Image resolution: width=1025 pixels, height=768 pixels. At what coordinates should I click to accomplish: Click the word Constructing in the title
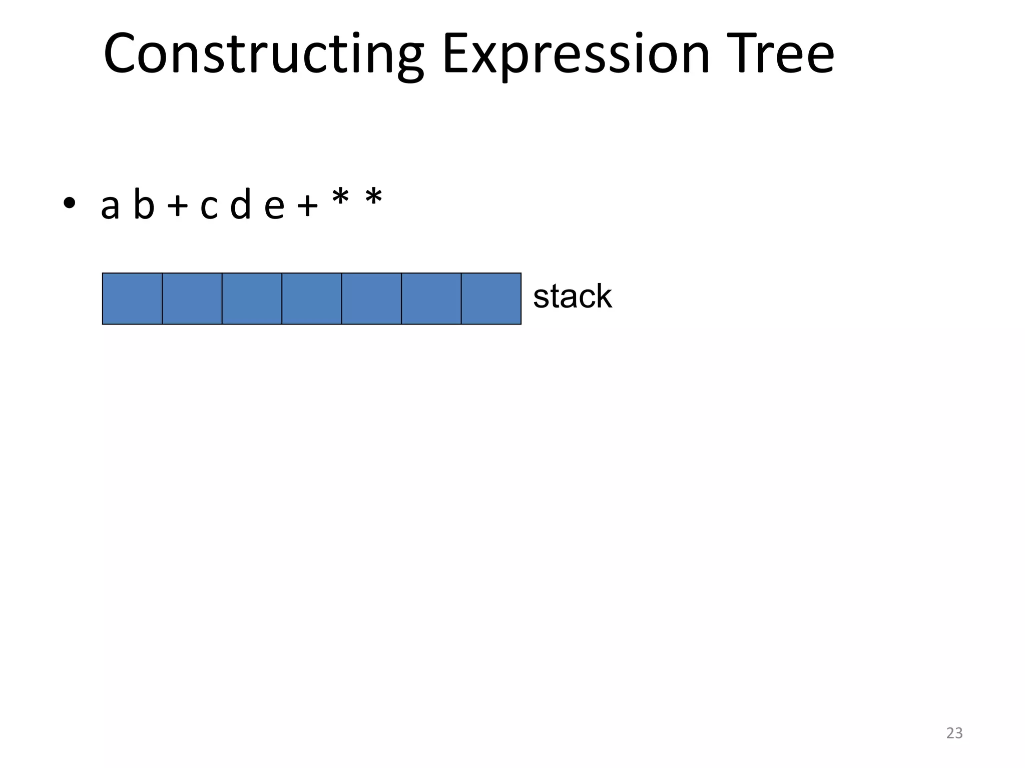tap(263, 54)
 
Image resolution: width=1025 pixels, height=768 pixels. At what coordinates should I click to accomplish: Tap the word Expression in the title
tap(576, 54)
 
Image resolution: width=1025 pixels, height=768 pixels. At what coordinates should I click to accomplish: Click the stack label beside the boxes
tap(572, 296)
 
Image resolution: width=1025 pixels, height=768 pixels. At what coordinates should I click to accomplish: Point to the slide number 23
tap(954, 732)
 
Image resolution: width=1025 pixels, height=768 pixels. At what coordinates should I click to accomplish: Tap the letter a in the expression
tap(110, 206)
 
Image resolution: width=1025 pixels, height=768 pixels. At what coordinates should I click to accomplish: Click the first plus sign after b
tap(177, 206)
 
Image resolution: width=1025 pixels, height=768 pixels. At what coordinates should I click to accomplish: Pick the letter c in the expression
tap(209, 206)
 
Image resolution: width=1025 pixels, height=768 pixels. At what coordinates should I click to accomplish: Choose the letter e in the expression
tap(274, 206)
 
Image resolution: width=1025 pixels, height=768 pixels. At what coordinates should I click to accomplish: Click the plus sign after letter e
tap(307, 206)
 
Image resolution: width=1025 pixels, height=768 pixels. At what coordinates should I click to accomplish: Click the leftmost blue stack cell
tap(132, 298)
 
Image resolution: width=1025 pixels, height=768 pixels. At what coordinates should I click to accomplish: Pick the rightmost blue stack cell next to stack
tap(491, 298)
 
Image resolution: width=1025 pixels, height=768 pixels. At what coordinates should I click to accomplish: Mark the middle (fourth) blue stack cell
tap(312, 298)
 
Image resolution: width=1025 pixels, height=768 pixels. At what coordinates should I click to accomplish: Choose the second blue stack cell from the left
tap(192, 298)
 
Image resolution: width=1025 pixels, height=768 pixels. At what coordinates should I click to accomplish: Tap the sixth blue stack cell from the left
tap(431, 298)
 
